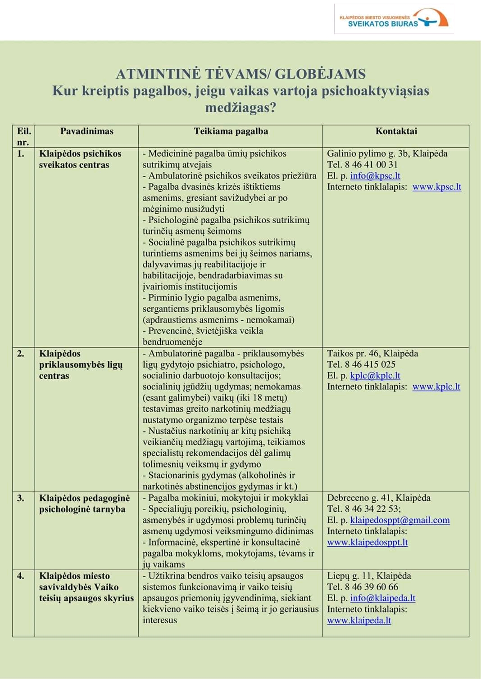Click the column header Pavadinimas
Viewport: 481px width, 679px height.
pos(87,131)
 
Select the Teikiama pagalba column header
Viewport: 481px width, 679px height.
pos(231,131)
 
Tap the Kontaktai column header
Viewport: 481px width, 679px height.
pos(396,131)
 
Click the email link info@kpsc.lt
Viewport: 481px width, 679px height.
pos(375,176)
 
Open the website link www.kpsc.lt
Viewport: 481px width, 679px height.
pos(436,187)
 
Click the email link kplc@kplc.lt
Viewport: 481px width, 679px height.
pos(375,376)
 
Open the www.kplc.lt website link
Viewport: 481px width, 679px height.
pos(436,387)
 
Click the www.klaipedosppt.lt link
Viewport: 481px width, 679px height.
pos(367,543)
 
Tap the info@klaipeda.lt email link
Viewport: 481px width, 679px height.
pos(382,598)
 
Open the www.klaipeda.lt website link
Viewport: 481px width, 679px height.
pos(359,621)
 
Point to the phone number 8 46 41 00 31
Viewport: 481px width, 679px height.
pos(371,165)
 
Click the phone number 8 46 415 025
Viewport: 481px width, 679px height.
pos(370,364)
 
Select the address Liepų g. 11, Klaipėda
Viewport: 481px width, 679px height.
pos(369,576)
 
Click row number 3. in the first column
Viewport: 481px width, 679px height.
pos(21,498)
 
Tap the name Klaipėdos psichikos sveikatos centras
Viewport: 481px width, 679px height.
pos(80,159)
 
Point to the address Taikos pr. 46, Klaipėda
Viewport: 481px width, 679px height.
pos(372,354)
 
